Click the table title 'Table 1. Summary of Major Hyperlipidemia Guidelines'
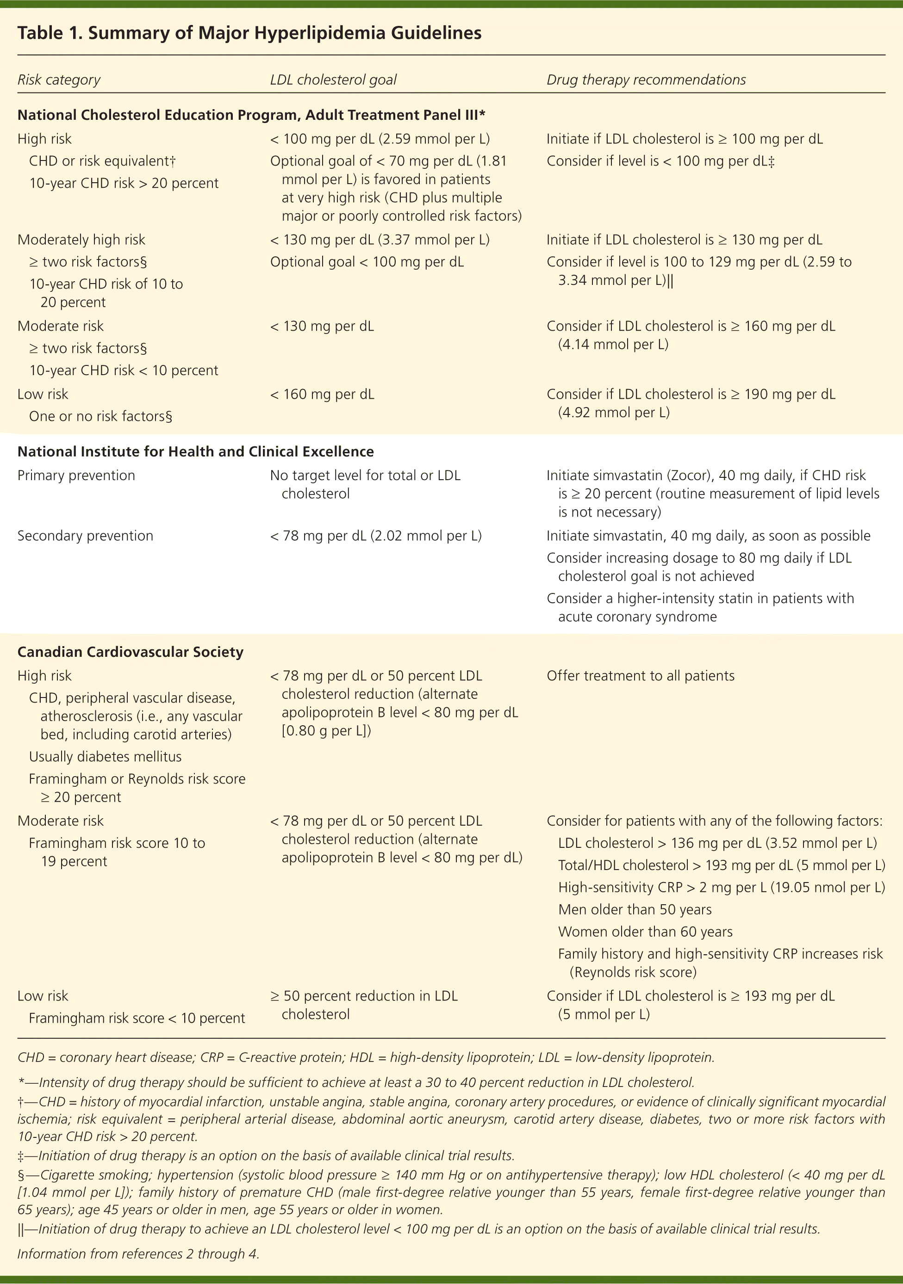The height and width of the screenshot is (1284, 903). click(249, 33)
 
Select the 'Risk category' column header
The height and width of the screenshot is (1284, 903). click(59, 80)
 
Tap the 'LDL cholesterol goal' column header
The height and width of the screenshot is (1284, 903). click(333, 80)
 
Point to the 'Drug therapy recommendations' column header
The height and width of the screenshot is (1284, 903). click(646, 80)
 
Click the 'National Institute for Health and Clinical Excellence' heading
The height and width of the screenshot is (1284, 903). click(195, 451)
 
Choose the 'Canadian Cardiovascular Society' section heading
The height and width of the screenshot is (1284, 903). click(131, 652)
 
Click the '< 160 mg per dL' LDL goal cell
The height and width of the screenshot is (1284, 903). click(322, 394)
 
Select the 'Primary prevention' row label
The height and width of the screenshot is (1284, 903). click(76, 475)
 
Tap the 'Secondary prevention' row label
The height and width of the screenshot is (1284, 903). click(85, 536)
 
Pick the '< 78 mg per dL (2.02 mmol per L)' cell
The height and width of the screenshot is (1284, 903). click(375, 536)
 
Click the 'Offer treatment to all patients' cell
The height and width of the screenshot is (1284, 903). click(640, 676)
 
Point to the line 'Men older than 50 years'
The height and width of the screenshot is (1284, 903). click(635, 909)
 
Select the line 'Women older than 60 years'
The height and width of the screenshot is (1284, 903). click(645, 932)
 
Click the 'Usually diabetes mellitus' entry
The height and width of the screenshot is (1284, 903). click(105, 757)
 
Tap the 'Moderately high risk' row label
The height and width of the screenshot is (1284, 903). click(81, 240)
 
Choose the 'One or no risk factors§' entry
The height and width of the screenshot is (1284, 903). click(101, 416)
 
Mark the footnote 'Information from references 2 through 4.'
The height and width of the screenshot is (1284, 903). click(138, 1254)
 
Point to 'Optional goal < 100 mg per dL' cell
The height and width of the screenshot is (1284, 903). click(367, 262)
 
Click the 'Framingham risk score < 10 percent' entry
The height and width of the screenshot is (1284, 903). click(137, 1018)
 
